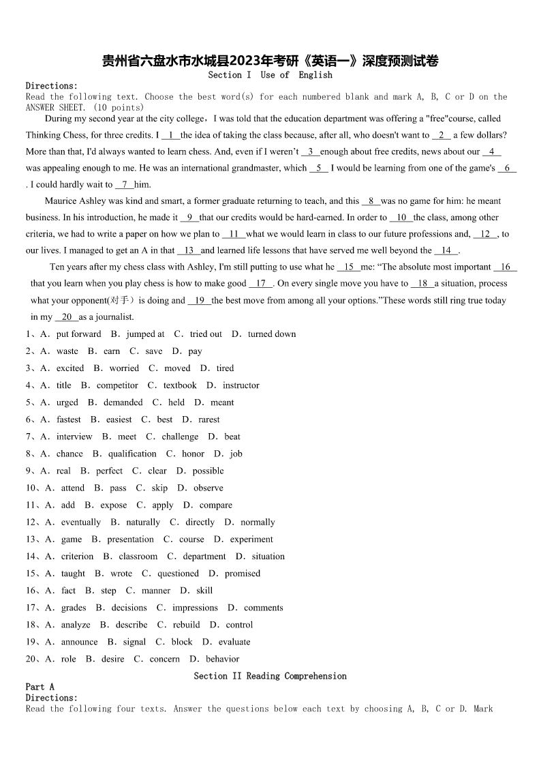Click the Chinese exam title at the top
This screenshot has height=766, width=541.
click(x=270, y=61)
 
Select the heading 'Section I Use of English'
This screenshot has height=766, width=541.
click(x=270, y=75)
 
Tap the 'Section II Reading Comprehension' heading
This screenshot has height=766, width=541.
click(x=270, y=676)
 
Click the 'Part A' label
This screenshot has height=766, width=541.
click(x=40, y=687)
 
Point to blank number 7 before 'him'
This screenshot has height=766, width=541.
click(x=125, y=185)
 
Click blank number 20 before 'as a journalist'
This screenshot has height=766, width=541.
click(x=67, y=317)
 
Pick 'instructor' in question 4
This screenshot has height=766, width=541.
click(x=241, y=385)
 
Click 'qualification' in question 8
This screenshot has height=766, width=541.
click(x=132, y=454)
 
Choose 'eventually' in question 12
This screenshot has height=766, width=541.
click(x=81, y=522)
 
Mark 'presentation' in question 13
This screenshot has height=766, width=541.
click(x=130, y=540)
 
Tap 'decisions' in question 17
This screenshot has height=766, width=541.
click(x=129, y=608)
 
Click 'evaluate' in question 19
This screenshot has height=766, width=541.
click(x=234, y=642)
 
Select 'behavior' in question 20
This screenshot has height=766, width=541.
click(x=222, y=659)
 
